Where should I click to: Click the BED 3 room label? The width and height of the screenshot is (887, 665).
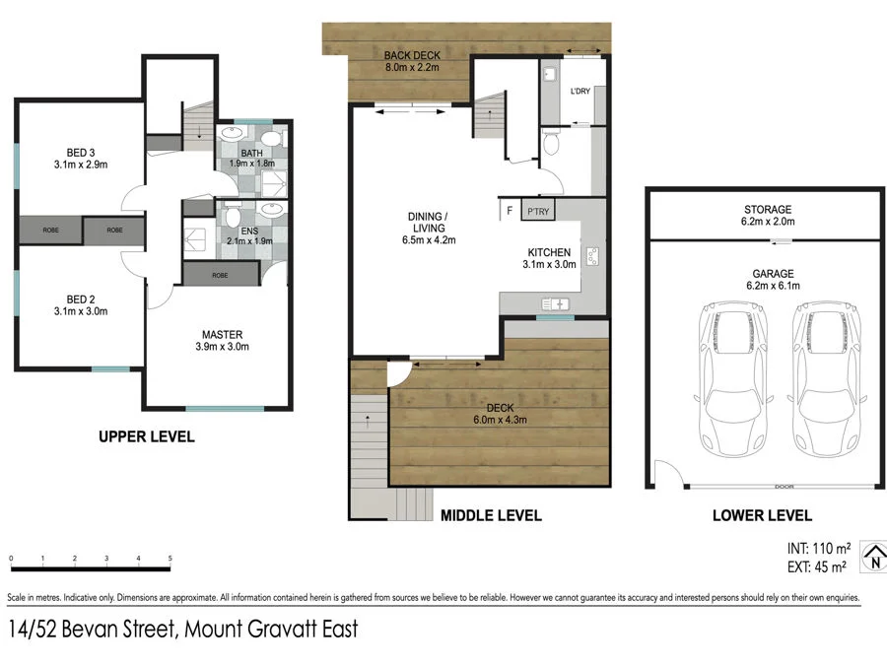pos(81,152)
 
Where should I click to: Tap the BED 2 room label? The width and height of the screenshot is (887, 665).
pos(81,298)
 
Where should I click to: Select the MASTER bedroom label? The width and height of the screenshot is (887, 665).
pos(223,334)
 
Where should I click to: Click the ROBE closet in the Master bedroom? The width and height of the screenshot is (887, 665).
pos(220,275)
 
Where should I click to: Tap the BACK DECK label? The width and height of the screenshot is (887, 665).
pos(411,55)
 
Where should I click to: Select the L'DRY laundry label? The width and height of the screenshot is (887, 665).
pos(581,92)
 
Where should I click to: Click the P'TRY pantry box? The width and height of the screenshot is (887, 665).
pos(538,211)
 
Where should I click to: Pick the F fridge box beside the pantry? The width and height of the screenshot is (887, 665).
pos(510,211)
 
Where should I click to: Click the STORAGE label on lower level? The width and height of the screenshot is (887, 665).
pos(768,210)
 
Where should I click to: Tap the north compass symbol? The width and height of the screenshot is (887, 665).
pos(873,557)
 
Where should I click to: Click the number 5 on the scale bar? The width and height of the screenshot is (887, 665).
pos(171,559)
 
